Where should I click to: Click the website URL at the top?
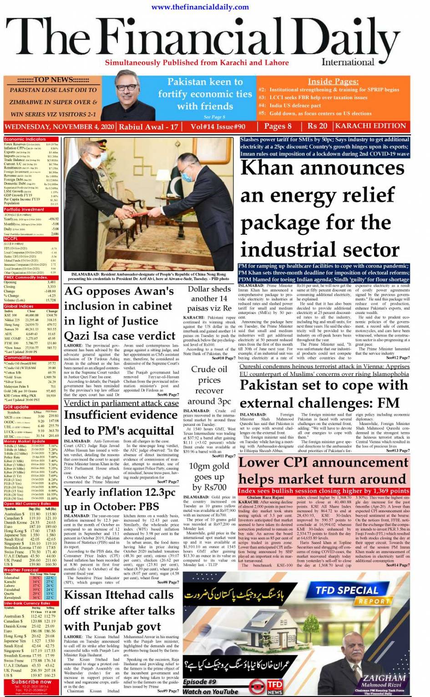200,7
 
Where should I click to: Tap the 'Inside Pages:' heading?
333,81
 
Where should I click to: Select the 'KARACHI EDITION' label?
370,126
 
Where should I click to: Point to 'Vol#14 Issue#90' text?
218,126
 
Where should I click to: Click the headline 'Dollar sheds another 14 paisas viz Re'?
209,298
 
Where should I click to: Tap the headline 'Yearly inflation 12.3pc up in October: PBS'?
120,500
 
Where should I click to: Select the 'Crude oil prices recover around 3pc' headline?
209,385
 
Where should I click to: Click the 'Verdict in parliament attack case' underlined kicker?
121,403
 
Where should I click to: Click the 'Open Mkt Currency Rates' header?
27,504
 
